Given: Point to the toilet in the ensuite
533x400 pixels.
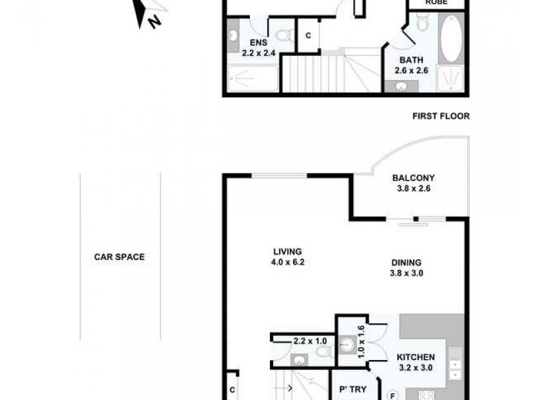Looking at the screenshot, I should (x=284, y=34).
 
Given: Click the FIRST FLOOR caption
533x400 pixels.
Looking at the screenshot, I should (x=440, y=116).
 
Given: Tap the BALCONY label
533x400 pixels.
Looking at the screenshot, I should (x=413, y=178).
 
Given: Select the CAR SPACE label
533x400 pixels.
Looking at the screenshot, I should (x=119, y=257).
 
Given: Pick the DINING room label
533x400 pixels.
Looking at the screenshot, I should (x=406, y=263).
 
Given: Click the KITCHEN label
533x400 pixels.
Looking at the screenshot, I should (x=416, y=358).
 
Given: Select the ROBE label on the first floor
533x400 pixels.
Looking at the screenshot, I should (x=436, y=3).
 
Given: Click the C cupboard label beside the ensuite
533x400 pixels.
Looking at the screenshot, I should (x=308, y=36).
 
